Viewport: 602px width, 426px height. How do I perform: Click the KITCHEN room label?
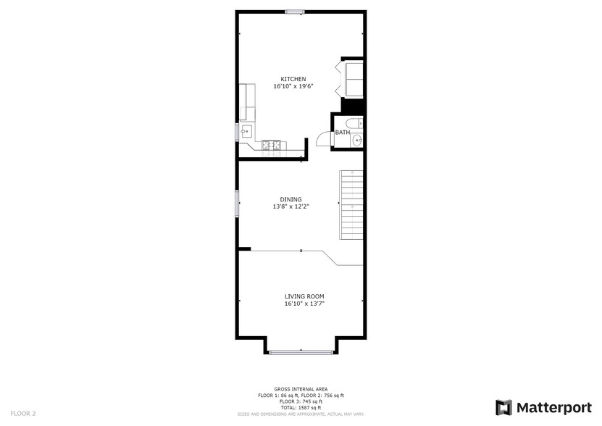click(293, 79)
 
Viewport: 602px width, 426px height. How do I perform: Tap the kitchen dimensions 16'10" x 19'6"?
click(293, 86)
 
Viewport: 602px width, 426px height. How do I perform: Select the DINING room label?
click(291, 200)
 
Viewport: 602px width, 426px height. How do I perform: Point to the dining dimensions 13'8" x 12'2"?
click(291, 207)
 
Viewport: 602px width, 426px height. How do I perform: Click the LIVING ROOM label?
click(304, 296)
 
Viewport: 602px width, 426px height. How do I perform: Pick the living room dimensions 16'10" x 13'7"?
click(304, 304)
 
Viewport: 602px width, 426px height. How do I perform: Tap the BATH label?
click(342, 133)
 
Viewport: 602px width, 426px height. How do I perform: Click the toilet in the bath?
click(352, 122)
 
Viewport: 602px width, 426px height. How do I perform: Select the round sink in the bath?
click(358, 141)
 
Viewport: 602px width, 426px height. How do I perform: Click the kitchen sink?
click(246, 132)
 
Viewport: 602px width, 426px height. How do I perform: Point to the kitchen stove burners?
click(272, 145)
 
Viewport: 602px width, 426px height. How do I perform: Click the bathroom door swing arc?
click(323, 140)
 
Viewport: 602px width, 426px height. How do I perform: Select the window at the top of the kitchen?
click(294, 11)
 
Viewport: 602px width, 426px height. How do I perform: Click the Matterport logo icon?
click(503, 407)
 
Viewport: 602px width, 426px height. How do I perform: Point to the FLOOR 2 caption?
click(23, 413)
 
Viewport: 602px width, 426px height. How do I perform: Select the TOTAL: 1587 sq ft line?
click(301, 407)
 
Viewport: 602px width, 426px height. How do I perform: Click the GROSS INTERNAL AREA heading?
click(301, 389)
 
